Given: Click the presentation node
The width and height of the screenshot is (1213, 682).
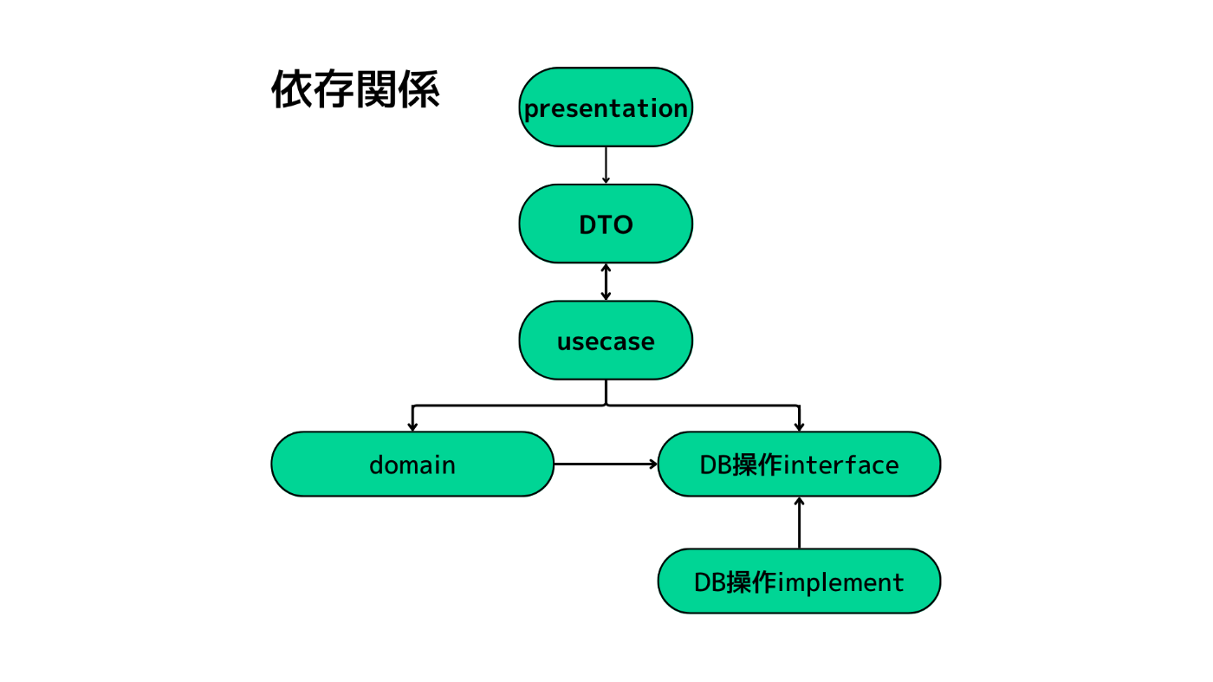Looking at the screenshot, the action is pyautogui.click(x=606, y=107).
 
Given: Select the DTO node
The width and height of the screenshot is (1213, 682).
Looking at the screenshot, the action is pyautogui.click(x=606, y=224).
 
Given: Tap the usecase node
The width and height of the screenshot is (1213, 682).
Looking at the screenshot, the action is pyautogui.click(x=606, y=341).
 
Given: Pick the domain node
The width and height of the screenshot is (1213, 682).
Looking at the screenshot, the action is pyautogui.click(x=412, y=464).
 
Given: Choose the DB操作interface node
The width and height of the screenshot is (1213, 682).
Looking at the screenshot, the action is pyautogui.click(x=799, y=464).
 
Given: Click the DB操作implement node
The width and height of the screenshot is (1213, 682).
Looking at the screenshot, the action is pyautogui.click(x=799, y=581).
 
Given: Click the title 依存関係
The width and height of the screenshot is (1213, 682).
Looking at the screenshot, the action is pyautogui.click(x=355, y=89).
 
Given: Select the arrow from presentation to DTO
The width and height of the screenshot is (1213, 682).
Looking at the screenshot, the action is pyautogui.click(x=606, y=166).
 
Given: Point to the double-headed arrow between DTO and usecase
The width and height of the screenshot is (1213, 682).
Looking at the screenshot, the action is pyautogui.click(x=606, y=283).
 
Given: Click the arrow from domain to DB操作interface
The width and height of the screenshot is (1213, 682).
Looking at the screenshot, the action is pyautogui.click(x=606, y=464).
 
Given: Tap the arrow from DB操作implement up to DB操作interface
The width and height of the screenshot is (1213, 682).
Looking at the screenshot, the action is pyautogui.click(x=799, y=523).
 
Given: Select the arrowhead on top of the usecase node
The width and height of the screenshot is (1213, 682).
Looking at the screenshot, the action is pyautogui.click(x=606, y=296).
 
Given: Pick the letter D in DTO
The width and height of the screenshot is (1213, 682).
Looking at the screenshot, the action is pyautogui.click(x=588, y=224).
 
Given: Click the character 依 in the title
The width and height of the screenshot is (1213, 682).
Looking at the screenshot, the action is pyautogui.click(x=291, y=89).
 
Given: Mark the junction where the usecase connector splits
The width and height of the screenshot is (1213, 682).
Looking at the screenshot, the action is pyautogui.click(x=606, y=406).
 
